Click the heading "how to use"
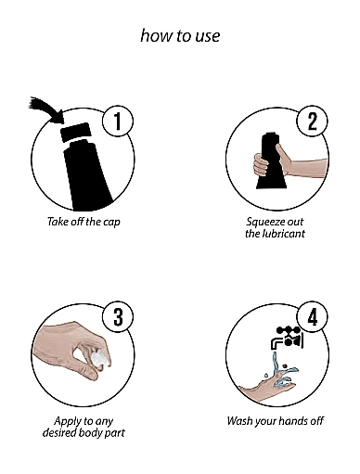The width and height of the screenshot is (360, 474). tap(180, 35)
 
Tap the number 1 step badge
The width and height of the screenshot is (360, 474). tap(118, 121)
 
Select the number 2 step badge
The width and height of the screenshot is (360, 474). tap(312, 121)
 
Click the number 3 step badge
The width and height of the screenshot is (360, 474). tap(118, 318)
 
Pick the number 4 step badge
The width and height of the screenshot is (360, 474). tap(312, 318)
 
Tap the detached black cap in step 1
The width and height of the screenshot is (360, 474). tap(76, 132)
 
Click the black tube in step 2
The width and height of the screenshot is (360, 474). tap(272, 160)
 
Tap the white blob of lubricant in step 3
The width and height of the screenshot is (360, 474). tap(101, 359)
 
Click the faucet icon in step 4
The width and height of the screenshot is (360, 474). tap(287, 339)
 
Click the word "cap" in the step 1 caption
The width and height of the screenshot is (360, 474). tap(110, 222)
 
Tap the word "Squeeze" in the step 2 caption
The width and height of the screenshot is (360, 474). tap(262, 222)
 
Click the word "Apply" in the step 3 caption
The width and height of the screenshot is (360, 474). tap(65, 421)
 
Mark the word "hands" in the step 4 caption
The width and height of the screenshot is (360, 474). tap(294, 421)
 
